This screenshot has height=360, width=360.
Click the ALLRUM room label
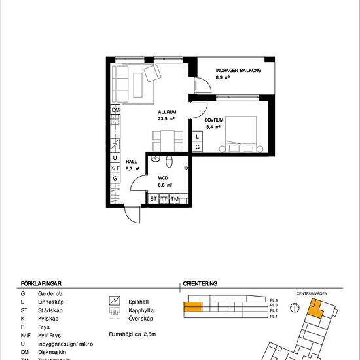click(166, 112)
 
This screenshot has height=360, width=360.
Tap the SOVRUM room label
click(214, 121)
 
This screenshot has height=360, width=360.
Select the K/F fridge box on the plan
click(115, 168)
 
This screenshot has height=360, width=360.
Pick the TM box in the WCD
click(175, 198)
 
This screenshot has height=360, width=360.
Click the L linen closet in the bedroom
click(198, 137)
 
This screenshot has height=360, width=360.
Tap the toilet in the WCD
click(170, 162)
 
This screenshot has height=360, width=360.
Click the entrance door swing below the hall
click(132, 213)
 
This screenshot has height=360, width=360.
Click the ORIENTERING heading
click(200, 285)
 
